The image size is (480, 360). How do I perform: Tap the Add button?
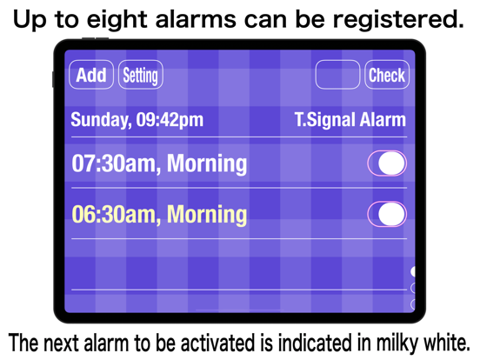(x=91, y=75)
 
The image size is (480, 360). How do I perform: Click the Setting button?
(x=141, y=75)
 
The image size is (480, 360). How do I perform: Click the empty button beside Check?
(x=337, y=75)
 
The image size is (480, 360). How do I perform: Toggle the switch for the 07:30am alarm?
(x=387, y=163)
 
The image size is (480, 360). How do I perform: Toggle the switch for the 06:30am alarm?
(x=387, y=214)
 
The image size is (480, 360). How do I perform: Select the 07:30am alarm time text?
(x=114, y=163)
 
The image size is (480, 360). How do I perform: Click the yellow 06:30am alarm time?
(x=114, y=215)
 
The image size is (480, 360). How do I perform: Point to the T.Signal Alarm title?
(x=350, y=120)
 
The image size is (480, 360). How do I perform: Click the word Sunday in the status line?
(x=100, y=120)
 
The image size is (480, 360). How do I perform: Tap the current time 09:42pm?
(x=170, y=120)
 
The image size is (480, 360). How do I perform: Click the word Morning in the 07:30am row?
(x=207, y=164)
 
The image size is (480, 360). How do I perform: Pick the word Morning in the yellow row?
(x=207, y=215)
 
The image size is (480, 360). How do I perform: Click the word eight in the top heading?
(x=117, y=20)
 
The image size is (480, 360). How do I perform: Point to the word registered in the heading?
(x=398, y=20)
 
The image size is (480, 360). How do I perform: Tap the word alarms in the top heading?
(x=196, y=19)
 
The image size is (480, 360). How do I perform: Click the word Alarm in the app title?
(x=383, y=119)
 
